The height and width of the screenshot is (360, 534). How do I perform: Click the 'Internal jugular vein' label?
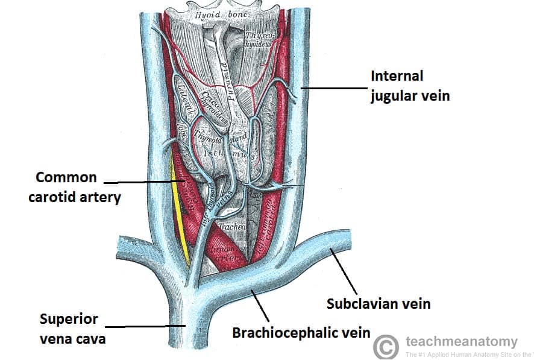(409, 86)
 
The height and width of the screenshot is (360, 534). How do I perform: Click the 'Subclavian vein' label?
(379, 303)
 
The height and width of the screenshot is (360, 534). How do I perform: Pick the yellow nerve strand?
(178, 211)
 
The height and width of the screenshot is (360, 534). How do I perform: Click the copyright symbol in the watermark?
(386, 347)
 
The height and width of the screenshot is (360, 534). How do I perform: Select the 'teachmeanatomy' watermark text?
(462, 342)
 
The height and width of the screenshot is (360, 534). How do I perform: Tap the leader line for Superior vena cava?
(151, 326)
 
